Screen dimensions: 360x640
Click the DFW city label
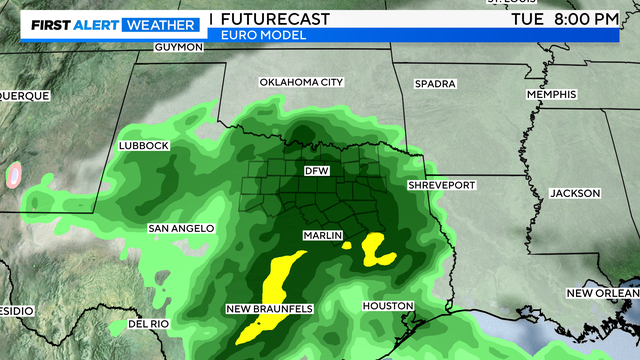[x=316, y=171]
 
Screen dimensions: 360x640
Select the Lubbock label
[x=144, y=146]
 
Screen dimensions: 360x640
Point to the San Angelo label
[x=181, y=228]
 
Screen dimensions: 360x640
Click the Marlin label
[x=323, y=235]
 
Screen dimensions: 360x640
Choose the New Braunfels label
[x=271, y=308]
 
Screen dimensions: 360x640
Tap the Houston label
[x=388, y=306]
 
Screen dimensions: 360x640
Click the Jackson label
[x=575, y=193]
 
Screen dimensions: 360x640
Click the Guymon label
[x=179, y=48]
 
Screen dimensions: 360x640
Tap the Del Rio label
[x=149, y=324]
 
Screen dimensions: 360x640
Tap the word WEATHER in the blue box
[x=160, y=22]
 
